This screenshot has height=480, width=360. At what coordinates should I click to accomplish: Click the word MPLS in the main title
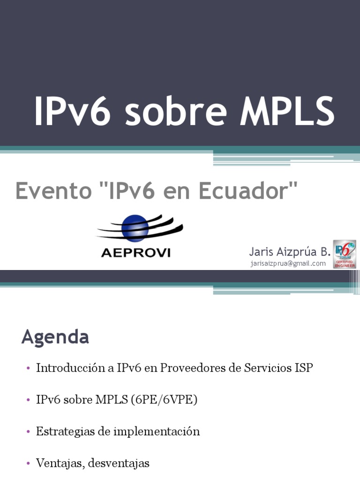click(287, 112)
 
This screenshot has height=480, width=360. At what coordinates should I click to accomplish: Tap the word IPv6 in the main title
click(72, 112)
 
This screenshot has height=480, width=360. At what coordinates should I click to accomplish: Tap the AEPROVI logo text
click(136, 253)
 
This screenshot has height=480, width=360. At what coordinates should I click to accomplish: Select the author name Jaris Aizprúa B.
click(290, 252)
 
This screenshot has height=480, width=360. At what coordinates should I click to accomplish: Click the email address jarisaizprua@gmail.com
click(288, 263)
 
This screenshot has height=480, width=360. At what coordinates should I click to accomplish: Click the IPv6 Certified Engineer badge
click(345, 254)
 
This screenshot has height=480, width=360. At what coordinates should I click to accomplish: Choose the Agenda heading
click(55, 337)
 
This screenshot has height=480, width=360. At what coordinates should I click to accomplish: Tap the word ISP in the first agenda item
click(303, 368)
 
